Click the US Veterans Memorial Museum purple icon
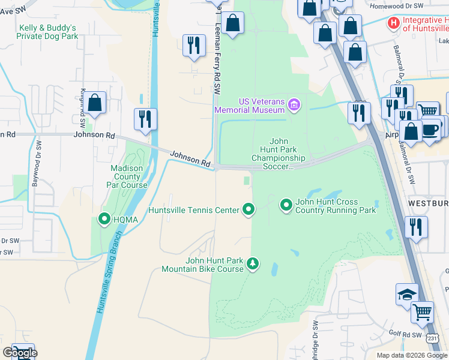point(294,106)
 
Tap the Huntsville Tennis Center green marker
point(249,209)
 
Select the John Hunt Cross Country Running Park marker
point(286,206)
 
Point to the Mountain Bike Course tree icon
point(253,263)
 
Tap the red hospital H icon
point(394,23)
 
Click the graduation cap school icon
point(407,294)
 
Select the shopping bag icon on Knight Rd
point(95,104)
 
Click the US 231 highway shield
point(433,340)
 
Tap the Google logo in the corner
point(19,353)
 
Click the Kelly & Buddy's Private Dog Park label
point(49,32)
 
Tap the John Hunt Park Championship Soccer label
point(283,154)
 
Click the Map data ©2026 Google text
point(412,355)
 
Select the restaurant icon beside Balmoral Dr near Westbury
point(415,227)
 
